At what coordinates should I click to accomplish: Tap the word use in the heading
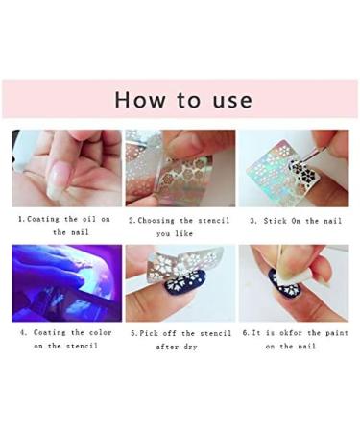230,100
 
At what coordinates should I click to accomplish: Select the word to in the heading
182,100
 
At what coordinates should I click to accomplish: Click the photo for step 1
66,168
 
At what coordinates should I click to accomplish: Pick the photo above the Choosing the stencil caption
180,168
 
